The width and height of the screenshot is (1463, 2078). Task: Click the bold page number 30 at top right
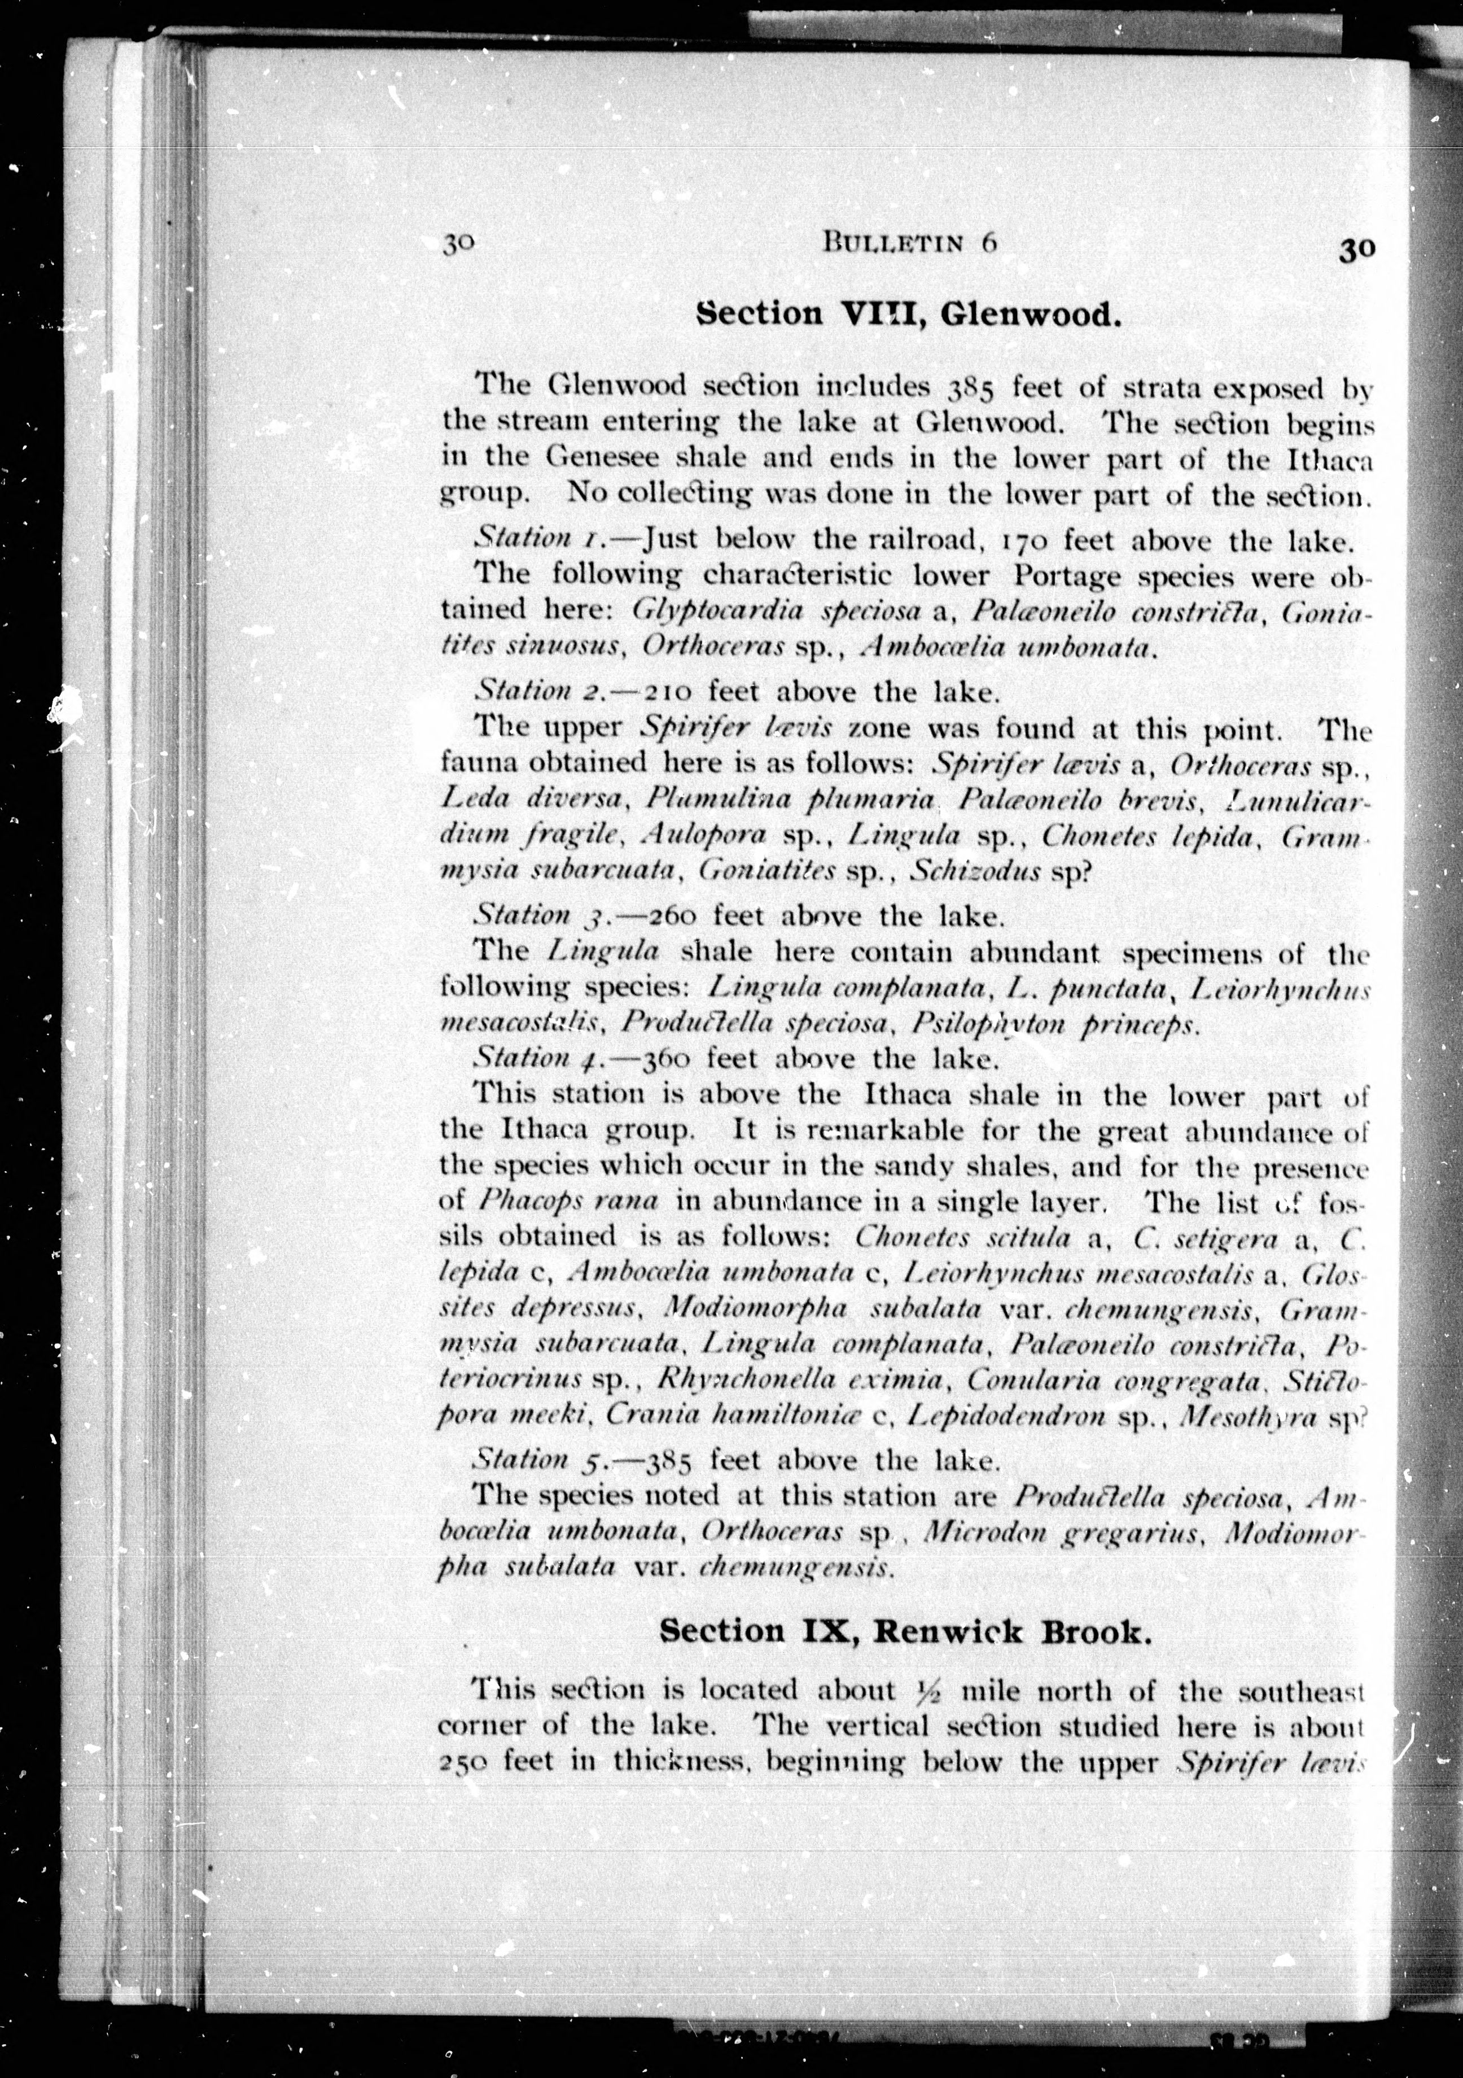click(1356, 249)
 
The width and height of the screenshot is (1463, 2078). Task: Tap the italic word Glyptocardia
click(717, 610)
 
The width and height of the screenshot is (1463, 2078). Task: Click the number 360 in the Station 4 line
click(667, 1058)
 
